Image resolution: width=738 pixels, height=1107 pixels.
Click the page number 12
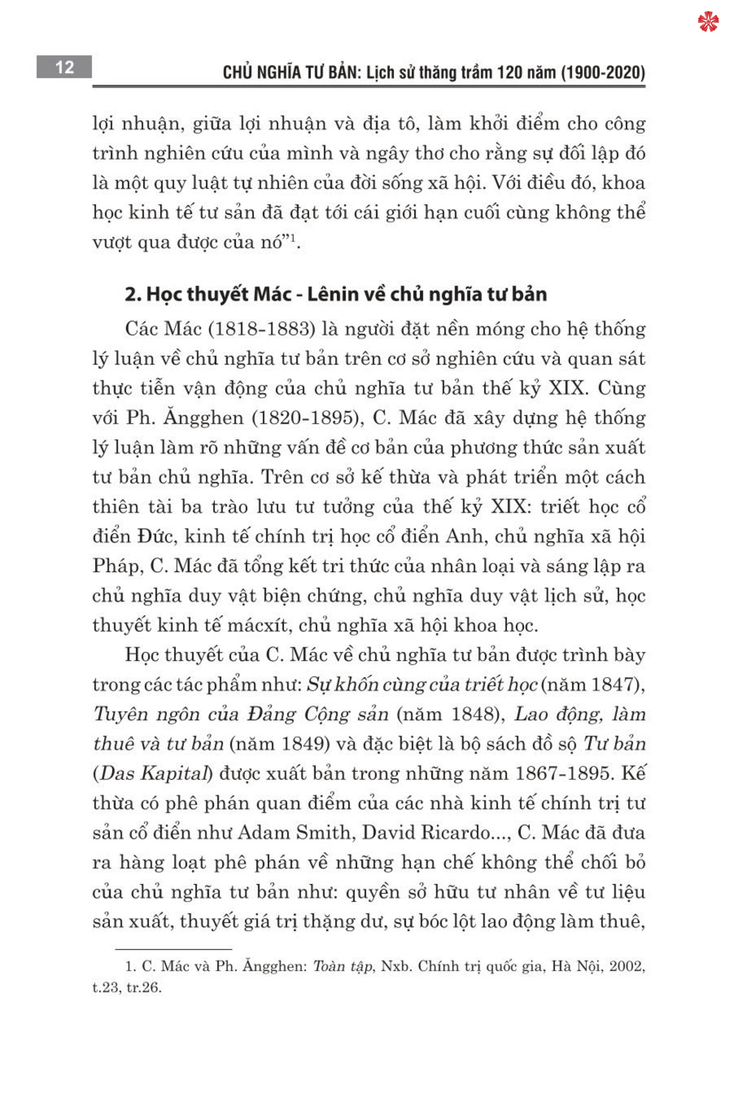(x=64, y=67)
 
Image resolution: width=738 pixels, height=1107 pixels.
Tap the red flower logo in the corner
(x=708, y=21)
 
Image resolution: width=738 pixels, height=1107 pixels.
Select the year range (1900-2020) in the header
(x=603, y=72)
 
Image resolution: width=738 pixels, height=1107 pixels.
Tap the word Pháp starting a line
(x=117, y=566)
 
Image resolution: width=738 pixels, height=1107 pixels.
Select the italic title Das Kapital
(x=154, y=773)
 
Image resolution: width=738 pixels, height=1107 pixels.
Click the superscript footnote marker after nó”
(x=292, y=237)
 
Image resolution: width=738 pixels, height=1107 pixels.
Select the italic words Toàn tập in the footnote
(x=342, y=966)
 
